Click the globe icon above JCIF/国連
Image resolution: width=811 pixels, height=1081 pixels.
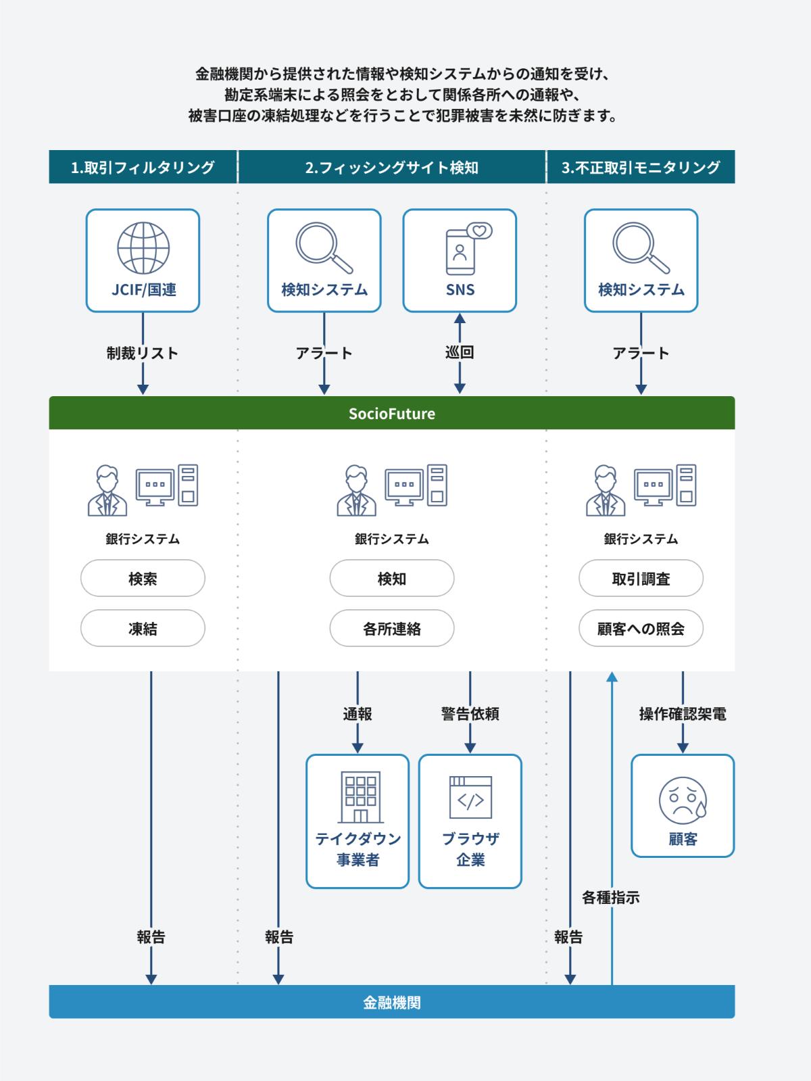pos(143,247)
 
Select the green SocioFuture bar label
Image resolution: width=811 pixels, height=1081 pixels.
pos(392,413)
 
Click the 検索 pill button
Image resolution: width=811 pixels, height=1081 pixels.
pos(143,578)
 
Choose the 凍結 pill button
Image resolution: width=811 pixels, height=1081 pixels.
pos(143,629)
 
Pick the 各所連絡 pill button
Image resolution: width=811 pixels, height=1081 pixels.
pos(392,629)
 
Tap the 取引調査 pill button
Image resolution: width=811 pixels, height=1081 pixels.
pos(641,578)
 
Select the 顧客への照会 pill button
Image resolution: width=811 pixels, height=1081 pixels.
pos(641,629)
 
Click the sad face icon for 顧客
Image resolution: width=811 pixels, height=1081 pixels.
pos(683,800)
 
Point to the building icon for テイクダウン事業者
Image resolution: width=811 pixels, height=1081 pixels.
pos(361,797)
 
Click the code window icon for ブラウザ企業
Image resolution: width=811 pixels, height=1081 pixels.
pos(470,797)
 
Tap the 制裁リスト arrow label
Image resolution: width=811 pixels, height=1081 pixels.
pos(142,353)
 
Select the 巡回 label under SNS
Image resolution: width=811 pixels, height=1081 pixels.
pos(460,352)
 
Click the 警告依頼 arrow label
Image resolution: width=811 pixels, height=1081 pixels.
pos(470,714)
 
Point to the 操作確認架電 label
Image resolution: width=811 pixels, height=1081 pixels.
pos(683,714)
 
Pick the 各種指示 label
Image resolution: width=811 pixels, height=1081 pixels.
pos(611,897)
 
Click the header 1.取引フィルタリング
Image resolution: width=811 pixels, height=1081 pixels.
pos(143,168)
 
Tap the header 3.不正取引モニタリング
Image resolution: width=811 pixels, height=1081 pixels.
pos(641,168)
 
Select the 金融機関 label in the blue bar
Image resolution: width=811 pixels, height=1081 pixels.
pos(392,1002)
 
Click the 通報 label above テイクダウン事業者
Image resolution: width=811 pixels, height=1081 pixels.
pos(358,714)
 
